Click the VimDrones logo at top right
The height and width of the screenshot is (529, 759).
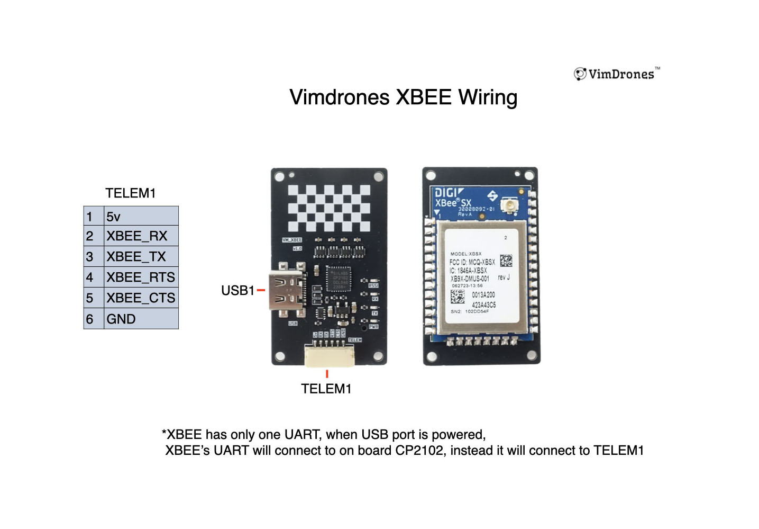[617, 74]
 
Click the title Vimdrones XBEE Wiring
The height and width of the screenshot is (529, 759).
[403, 97]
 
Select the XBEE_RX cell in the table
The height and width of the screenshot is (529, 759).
[141, 236]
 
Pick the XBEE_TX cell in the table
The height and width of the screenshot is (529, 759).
[141, 257]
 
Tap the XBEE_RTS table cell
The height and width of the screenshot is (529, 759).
[141, 277]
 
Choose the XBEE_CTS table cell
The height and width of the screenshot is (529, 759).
[141, 298]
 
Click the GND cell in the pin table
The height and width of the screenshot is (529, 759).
[141, 319]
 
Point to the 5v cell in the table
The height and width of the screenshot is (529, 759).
[141, 216]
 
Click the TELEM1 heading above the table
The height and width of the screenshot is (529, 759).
[130, 193]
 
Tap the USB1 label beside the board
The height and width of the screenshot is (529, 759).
[237, 291]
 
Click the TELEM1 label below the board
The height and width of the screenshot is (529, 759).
[326, 389]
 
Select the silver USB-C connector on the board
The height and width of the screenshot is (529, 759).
[287, 291]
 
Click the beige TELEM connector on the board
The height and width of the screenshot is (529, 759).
[329, 356]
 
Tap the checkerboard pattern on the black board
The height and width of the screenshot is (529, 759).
[328, 209]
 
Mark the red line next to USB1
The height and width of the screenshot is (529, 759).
[261, 290]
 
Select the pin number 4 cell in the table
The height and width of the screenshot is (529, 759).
[90, 277]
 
